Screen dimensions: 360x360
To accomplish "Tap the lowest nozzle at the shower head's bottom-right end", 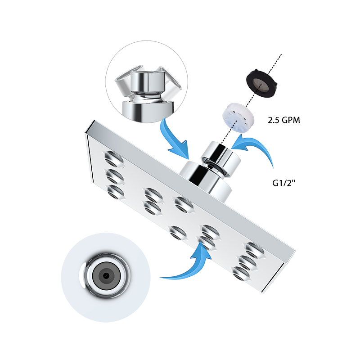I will [243, 272].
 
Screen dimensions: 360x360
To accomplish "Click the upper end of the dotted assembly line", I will [281, 55].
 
